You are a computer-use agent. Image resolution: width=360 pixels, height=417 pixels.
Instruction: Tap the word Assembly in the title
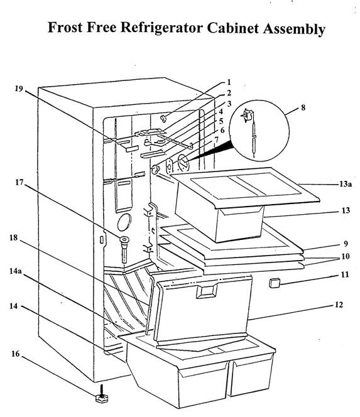point(294,29)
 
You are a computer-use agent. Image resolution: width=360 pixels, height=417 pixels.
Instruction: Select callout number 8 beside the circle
point(303,108)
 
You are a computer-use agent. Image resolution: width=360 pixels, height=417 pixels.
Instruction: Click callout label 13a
point(346,184)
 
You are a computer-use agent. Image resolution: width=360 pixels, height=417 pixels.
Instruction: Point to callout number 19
point(19,89)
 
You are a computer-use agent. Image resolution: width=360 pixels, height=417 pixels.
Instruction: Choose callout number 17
point(19,182)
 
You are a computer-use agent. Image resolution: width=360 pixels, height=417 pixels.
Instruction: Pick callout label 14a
point(16,271)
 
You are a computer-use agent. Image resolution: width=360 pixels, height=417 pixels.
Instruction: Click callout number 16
point(16,354)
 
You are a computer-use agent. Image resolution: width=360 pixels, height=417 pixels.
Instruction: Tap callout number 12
point(339,305)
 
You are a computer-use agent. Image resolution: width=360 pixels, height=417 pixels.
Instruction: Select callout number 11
point(345,274)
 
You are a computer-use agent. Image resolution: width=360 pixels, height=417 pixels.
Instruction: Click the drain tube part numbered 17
point(124,249)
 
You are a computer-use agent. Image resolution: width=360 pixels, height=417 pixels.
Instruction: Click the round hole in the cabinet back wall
point(124,222)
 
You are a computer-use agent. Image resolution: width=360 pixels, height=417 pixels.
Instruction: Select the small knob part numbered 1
point(163,118)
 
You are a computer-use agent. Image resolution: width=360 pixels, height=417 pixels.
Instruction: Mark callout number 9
point(346,243)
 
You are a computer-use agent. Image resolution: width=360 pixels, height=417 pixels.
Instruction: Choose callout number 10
point(345,256)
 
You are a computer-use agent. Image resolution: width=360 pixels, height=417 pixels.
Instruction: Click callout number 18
point(14,237)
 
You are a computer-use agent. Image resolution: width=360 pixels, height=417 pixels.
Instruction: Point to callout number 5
point(221,121)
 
